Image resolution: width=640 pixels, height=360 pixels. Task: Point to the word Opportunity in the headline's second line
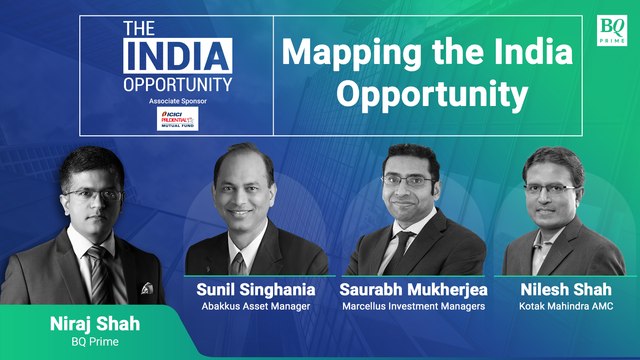pyautogui.click(x=430, y=95)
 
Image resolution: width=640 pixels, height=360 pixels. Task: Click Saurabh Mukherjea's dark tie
pyautogui.click(x=402, y=246)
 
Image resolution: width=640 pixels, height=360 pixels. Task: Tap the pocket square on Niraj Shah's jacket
pyautogui.click(x=146, y=288)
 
